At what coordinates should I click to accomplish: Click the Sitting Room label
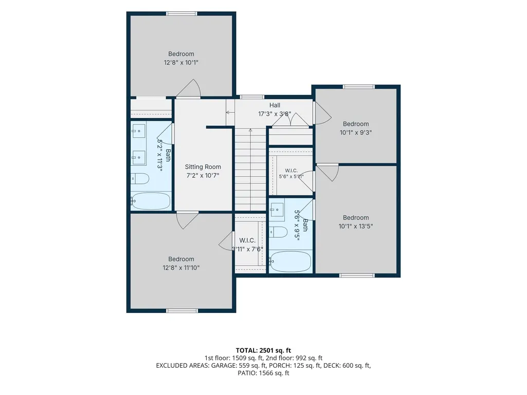tap(203, 167)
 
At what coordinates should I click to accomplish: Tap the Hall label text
tap(275, 105)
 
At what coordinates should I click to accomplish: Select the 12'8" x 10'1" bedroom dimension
tap(181, 63)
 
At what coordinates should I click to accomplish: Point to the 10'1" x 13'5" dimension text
tap(356, 227)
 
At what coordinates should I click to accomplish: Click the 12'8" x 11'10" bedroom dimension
tap(181, 268)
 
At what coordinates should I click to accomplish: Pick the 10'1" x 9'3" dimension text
tap(356, 133)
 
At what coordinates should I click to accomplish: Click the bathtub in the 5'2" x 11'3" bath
tap(150, 201)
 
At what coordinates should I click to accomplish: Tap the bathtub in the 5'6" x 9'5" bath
tap(290, 261)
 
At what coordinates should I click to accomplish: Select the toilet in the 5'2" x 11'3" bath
tap(140, 178)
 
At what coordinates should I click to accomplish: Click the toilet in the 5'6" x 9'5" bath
tap(278, 232)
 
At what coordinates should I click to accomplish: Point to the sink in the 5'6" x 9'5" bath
tap(277, 210)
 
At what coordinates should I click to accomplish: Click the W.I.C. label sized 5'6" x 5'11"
tap(292, 171)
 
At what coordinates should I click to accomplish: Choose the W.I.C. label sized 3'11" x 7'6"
tap(247, 240)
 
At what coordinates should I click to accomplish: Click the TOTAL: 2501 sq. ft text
tap(263, 351)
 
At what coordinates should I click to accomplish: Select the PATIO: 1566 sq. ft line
tap(263, 373)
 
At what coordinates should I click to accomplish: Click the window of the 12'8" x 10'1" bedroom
tap(182, 14)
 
